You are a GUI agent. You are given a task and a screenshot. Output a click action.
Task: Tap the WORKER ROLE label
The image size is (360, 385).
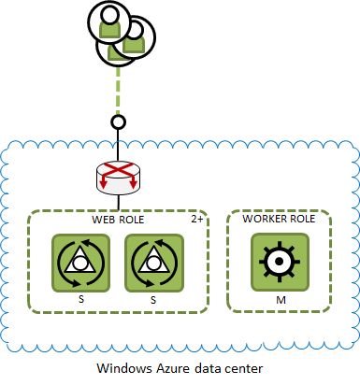(278, 219)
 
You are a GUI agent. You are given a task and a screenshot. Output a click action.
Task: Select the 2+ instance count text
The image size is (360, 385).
(197, 219)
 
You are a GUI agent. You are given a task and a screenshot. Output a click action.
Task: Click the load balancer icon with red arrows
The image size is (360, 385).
(117, 176)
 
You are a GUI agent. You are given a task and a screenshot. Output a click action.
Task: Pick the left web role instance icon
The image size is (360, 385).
(79, 262)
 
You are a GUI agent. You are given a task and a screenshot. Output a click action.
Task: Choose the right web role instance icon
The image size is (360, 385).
(153, 262)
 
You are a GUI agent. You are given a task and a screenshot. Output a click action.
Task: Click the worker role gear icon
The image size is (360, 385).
(278, 262)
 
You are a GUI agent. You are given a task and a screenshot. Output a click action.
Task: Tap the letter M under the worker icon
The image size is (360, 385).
(279, 299)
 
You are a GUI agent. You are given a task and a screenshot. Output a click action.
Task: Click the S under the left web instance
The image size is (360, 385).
(79, 299)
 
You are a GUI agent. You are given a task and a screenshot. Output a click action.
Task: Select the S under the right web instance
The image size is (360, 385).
(153, 299)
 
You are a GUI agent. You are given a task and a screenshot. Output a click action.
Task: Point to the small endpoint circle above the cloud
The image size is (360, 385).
(117, 121)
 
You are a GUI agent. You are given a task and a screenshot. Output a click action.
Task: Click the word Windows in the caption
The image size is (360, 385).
(121, 368)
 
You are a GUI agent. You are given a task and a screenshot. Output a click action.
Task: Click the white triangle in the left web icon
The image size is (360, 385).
(79, 263)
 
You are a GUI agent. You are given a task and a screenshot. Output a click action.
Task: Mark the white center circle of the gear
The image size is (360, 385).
(278, 262)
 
